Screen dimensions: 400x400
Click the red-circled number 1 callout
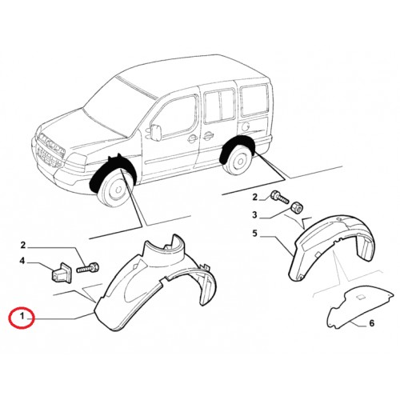tap(22, 317)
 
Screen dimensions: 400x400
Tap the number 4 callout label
tap(22, 261)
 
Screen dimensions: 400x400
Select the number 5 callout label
tap(255, 234)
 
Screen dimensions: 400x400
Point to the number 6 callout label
tap(371, 323)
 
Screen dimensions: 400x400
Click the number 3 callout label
tap(255, 214)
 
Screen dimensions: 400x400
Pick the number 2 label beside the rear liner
tap(255, 198)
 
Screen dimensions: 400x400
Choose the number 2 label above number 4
tap(23, 245)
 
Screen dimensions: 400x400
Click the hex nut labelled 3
tap(297, 207)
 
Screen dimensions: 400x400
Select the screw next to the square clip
tap(88, 267)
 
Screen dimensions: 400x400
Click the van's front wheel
tap(117, 188)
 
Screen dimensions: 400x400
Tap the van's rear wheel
tap(238, 161)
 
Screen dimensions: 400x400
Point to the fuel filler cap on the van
tap(246, 126)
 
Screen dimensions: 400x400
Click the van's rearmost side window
tap(254, 99)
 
